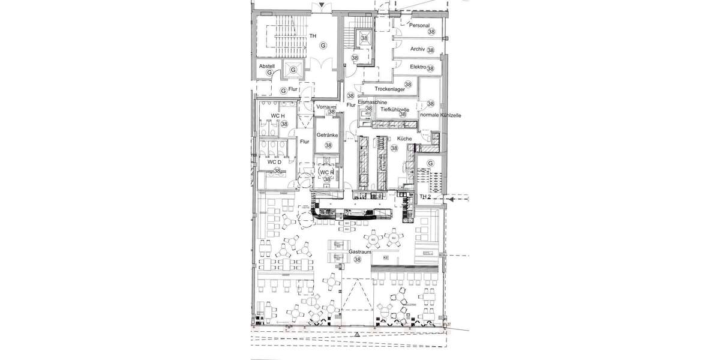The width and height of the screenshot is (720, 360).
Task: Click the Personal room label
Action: pos(419,26)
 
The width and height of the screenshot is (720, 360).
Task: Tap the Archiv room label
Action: pos(418,49)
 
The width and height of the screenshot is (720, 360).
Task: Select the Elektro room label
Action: pos(418,67)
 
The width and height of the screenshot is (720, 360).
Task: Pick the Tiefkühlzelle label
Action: pos(395,110)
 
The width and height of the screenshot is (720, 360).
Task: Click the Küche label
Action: pos(404,139)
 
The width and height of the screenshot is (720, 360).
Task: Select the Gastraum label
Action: pos(359,253)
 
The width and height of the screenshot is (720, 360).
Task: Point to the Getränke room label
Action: pos(328,136)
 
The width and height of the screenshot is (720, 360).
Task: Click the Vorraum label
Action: pos(326,107)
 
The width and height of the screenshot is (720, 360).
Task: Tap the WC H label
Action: pos(277,115)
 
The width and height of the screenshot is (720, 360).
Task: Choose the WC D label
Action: pos(274,162)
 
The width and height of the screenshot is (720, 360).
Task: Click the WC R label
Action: pos(326,172)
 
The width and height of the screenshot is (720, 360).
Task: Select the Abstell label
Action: pos(266,65)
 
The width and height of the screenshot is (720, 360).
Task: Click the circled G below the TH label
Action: pos(323,46)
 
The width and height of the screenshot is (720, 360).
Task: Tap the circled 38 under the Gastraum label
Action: pos(358,260)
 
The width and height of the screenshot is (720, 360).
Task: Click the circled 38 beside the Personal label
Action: pos(431,31)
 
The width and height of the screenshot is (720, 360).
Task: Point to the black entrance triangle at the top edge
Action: pos(323,6)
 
